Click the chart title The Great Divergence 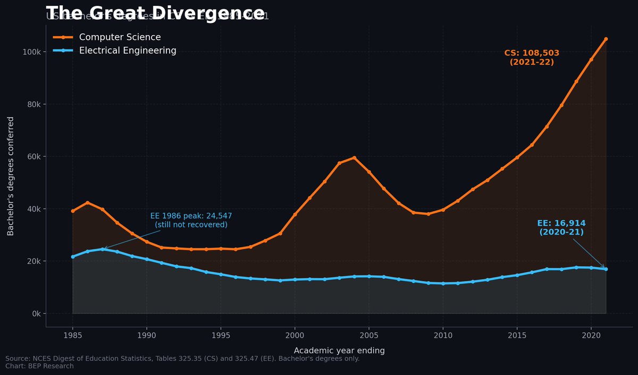pyautogui.click(x=155, y=13)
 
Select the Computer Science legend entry pyautogui.click(x=120, y=37)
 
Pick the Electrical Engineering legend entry pyautogui.click(x=128, y=51)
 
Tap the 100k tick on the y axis pyautogui.click(x=32, y=52)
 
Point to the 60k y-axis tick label pyautogui.click(x=34, y=156)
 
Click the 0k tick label pyautogui.click(x=36, y=313)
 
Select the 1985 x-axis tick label pyautogui.click(x=73, y=335)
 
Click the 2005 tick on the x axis pyautogui.click(x=369, y=335)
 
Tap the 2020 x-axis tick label pyautogui.click(x=591, y=335)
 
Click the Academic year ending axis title pyautogui.click(x=339, y=351)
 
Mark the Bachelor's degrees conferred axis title pyautogui.click(x=11, y=176)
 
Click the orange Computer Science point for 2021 pyautogui.click(x=606, y=39)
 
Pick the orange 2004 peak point pyautogui.click(x=354, y=157)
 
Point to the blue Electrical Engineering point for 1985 pyautogui.click(x=73, y=256)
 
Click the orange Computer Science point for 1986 pyautogui.click(x=88, y=203)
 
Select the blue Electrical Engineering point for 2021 pyautogui.click(x=606, y=269)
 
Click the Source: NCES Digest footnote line pyautogui.click(x=182, y=359)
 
